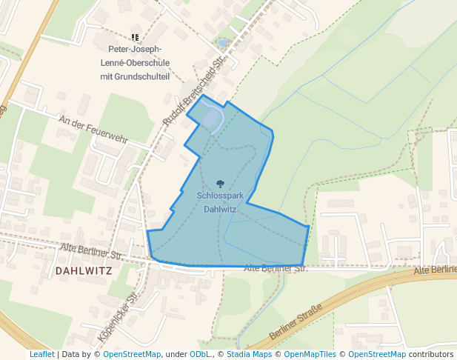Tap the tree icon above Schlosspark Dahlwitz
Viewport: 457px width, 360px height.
click(219, 183)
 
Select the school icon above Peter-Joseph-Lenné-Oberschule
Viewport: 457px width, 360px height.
click(134, 36)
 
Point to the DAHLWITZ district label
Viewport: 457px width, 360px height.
click(83, 270)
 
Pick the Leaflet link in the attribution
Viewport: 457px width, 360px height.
click(41, 354)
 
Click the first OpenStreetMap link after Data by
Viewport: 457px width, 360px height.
click(131, 354)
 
